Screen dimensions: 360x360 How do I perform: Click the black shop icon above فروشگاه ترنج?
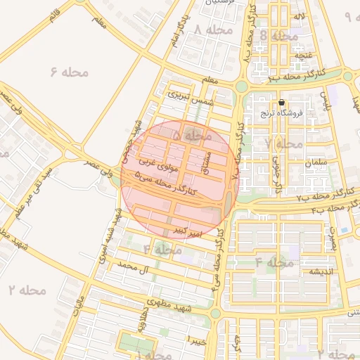click(281, 103)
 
